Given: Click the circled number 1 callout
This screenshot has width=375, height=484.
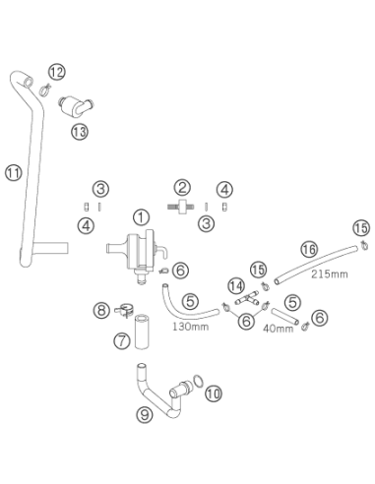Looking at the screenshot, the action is click(x=141, y=217).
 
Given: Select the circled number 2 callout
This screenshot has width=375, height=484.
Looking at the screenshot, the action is click(x=182, y=188).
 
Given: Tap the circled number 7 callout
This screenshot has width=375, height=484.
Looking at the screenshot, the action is click(x=122, y=340).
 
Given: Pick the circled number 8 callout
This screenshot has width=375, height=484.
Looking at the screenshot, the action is click(x=101, y=310).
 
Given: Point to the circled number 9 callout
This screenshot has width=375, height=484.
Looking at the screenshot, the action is click(x=145, y=414).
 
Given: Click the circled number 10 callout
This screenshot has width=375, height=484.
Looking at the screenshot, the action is click(x=214, y=393).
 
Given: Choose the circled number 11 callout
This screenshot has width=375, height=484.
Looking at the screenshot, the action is click(x=14, y=172).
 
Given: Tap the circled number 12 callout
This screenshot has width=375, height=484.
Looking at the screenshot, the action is click(x=57, y=72).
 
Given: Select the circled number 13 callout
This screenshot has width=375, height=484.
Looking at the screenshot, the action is click(x=80, y=132).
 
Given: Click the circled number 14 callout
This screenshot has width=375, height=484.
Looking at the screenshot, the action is click(x=236, y=286).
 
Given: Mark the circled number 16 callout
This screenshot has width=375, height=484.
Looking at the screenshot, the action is click(x=309, y=250).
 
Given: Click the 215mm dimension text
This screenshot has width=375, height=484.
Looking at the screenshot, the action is click(x=330, y=273).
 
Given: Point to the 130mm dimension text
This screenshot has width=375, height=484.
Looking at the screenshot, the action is click(x=190, y=327).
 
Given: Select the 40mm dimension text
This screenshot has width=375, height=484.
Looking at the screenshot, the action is click(x=279, y=329).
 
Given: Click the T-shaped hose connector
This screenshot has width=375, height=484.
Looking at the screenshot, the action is click(x=247, y=298).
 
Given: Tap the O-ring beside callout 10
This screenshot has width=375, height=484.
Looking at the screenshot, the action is click(x=199, y=382).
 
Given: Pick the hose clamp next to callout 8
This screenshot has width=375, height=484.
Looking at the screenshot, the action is click(x=124, y=310).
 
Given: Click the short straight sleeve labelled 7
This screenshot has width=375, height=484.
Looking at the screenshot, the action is click(x=142, y=332).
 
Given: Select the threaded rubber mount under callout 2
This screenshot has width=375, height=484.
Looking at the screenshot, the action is click(x=181, y=207).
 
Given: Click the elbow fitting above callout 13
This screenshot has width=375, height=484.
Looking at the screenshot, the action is click(x=76, y=105).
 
